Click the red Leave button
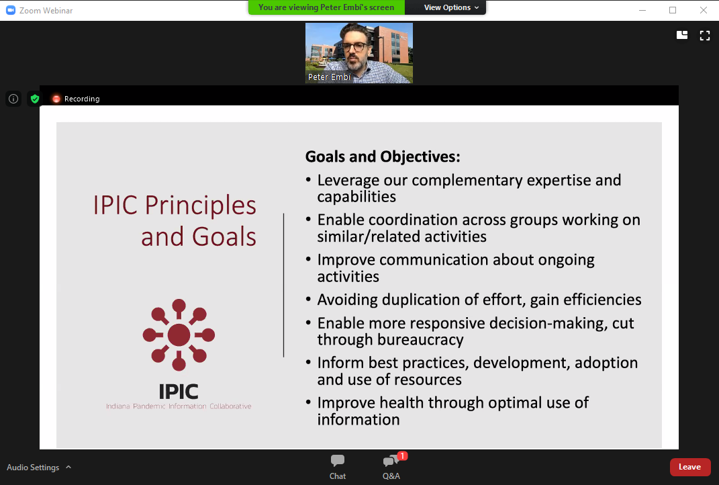pos(690,467)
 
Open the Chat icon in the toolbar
pos(338,461)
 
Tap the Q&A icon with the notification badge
pos(391,461)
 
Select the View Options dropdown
pos(451,7)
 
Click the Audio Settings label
pos(33,467)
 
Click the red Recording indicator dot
pos(56,99)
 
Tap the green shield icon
pos(35,99)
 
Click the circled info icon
pos(13,99)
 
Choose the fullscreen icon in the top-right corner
pos(705,36)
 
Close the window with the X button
pos(704,10)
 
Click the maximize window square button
pos(673,10)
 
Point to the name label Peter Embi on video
pos(329,77)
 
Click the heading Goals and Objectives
pos(383,157)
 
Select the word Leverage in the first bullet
pos(348,180)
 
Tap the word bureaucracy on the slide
pos(420,340)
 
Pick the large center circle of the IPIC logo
pos(179,335)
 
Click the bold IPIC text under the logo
pos(179,392)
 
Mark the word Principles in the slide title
pos(200,205)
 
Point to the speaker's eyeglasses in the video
pos(354,47)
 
